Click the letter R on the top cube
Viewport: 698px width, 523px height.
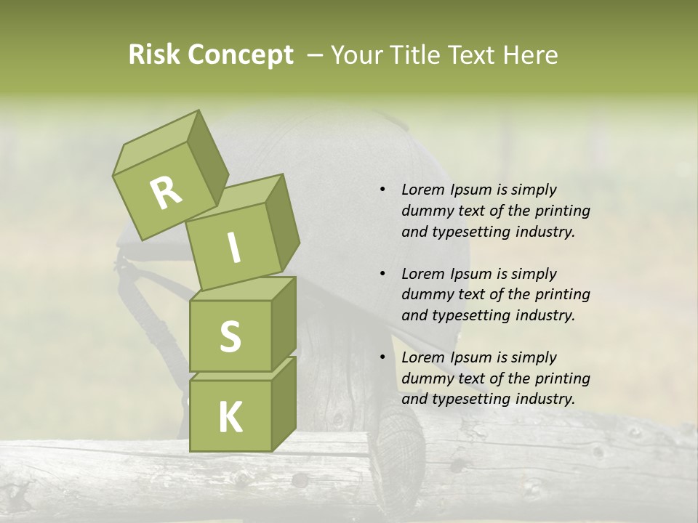[x=166, y=193]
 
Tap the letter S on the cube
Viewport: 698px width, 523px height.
[x=230, y=336]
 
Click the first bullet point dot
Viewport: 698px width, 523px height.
[x=382, y=190]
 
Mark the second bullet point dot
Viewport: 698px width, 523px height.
[x=382, y=274]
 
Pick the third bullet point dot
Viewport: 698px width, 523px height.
[x=382, y=357]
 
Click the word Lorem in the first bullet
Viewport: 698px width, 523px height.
[x=422, y=190]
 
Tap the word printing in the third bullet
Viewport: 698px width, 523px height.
[x=563, y=378]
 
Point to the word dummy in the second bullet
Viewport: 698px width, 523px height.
[x=425, y=295]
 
